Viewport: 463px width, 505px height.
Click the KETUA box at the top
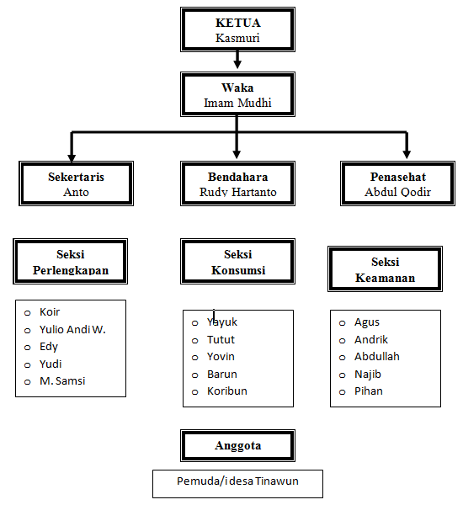click(x=237, y=30)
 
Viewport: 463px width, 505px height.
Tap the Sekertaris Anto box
click(x=76, y=183)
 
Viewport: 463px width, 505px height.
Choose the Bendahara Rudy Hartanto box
click(x=237, y=183)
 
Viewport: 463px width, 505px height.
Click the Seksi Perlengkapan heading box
click(x=71, y=262)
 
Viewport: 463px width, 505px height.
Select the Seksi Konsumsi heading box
click(x=237, y=262)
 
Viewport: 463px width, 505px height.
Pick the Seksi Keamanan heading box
click(x=385, y=269)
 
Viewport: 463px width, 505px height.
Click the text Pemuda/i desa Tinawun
click(x=237, y=481)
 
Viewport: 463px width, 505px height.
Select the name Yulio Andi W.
click(x=72, y=329)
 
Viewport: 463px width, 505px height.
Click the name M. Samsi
click(x=62, y=381)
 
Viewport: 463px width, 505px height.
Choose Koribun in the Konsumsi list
click(x=227, y=391)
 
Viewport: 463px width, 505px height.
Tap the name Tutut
click(x=221, y=339)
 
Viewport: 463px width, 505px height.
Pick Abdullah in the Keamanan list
click(x=376, y=356)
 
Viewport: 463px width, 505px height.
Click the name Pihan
click(x=368, y=391)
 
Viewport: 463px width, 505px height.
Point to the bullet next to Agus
click(x=343, y=322)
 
